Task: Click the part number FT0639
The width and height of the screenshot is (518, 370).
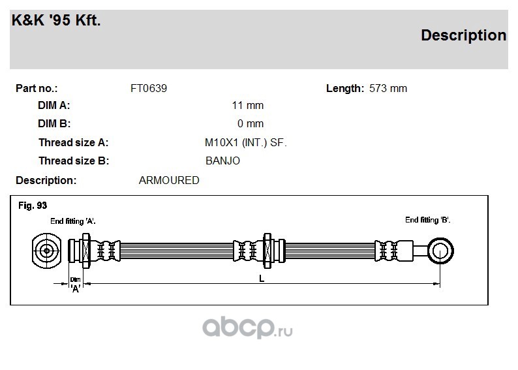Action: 149,89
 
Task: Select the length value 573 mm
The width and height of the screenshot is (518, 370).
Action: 388,89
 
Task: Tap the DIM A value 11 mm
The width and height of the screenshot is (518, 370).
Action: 248,105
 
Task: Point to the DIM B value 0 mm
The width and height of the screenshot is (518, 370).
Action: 251,123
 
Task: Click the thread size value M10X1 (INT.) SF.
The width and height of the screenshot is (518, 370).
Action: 246,143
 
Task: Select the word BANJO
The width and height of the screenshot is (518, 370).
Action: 222,161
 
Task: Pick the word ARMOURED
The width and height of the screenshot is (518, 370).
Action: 169,180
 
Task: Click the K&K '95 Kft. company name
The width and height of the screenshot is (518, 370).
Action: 56,20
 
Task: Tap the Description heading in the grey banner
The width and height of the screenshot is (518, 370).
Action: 463,35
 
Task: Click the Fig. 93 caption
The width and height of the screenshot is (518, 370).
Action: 33,206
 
